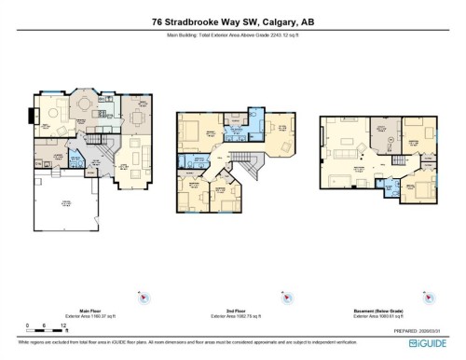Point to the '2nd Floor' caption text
coord(233,312)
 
